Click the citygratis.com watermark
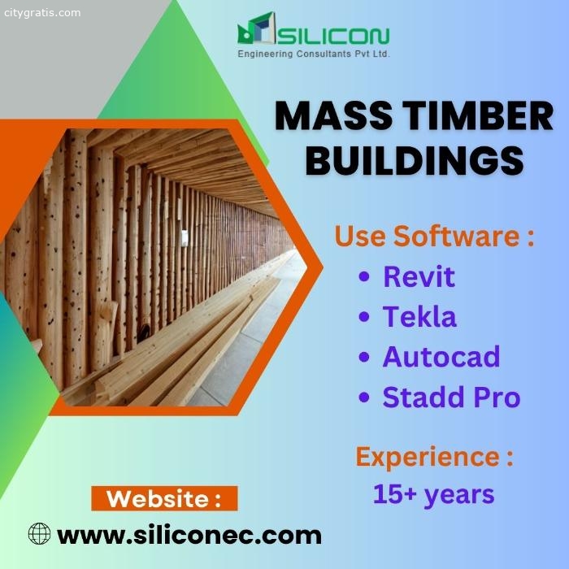coord(42,13)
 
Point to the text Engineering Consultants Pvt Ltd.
coord(314,54)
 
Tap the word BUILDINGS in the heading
coord(415,160)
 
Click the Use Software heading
coord(434,236)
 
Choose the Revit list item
coord(419,276)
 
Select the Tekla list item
coord(419,316)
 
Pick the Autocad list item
coord(441,357)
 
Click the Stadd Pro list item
coord(451,397)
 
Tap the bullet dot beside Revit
coord(363,276)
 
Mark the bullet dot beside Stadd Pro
coord(363,397)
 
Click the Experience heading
coord(434,457)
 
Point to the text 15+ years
coord(433,494)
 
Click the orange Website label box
coord(164,498)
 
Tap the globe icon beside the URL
coord(39,533)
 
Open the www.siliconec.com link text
coord(189,536)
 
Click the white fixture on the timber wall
coord(185,237)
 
